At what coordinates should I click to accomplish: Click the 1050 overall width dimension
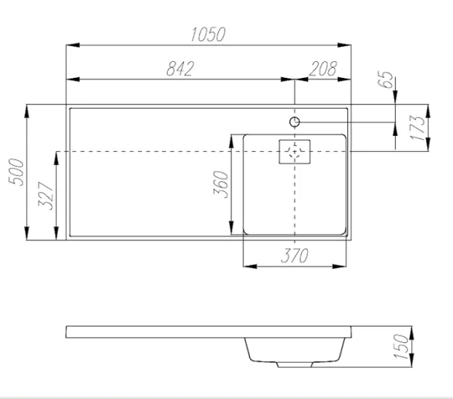click(209, 35)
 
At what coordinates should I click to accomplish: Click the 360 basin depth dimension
click(221, 184)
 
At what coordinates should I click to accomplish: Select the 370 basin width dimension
click(294, 256)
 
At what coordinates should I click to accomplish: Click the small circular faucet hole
click(295, 121)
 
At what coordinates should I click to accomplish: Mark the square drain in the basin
click(294, 152)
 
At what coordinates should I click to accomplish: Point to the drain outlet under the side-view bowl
click(294, 365)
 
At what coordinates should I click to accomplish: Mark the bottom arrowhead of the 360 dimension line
click(232, 230)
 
